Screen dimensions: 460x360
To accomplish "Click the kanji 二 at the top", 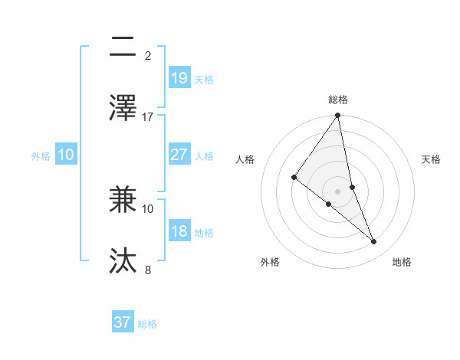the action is (123, 47).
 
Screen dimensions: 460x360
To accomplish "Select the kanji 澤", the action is (123, 106).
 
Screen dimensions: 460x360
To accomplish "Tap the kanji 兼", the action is (123, 200).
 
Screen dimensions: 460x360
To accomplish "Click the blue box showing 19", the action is (179, 78).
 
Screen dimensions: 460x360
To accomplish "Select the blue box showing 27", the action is (179, 155).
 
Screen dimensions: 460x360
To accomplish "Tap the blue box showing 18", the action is (179, 231).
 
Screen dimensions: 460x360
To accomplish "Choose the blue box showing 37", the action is (123, 322).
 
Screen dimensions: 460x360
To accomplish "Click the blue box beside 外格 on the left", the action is (66, 155).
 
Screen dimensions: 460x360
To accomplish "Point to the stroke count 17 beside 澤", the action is (148, 116).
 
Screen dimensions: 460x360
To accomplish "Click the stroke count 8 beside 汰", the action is (148, 270).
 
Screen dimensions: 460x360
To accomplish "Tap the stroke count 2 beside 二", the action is (148, 56).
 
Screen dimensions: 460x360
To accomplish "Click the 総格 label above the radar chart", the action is (338, 100).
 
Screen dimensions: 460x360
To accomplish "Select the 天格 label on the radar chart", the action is (431, 159).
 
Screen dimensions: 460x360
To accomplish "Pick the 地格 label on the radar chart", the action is (402, 262).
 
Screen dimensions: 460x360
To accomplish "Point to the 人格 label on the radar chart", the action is (245, 159).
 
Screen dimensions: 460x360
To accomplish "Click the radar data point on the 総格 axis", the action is (338, 116).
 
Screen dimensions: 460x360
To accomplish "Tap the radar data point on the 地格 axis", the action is (374, 241).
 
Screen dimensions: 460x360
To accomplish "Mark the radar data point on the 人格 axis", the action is (294, 178).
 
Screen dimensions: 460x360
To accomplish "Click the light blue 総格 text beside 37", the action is (147, 324).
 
